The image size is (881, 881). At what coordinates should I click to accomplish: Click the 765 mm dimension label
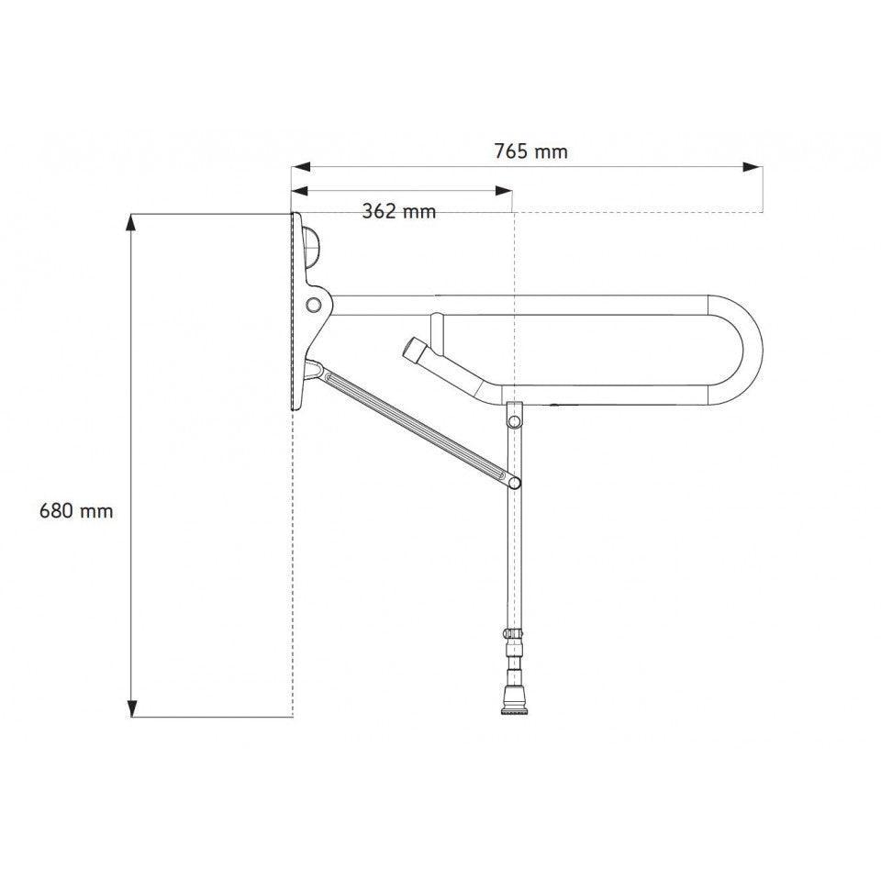pyautogui.click(x=530, y=151)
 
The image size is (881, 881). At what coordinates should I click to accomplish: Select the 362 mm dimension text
pyautogui.click(x=398, y=212)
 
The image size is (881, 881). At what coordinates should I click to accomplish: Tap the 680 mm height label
pyautogui.click(x=76, y=510)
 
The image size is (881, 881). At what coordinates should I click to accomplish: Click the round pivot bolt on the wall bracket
pyautogui.click(x=315, y=304)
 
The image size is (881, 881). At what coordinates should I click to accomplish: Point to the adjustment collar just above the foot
pyautogui.click(x=512, y=635)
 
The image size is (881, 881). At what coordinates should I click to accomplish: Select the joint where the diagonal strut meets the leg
pyautogui.click(x=515, y=482)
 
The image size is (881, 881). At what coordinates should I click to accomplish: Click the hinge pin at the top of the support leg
pyautogui.click(x=515, y=418)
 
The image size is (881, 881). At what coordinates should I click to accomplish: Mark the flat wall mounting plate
pyautogui.click(x=296, y=312)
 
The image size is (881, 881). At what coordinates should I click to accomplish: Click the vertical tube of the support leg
pyautogui.click(x=513, y=560)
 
